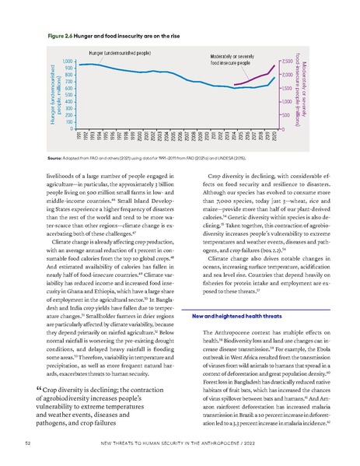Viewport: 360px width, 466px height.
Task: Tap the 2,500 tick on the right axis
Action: click(x=285, y=61)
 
